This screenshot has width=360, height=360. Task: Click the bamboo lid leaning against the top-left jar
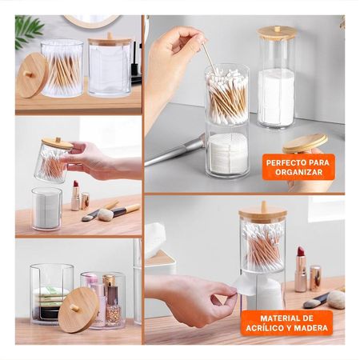(33, 74)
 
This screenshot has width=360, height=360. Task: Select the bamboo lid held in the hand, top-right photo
(305, 144)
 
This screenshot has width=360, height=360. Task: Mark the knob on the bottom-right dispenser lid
(262, 206)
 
